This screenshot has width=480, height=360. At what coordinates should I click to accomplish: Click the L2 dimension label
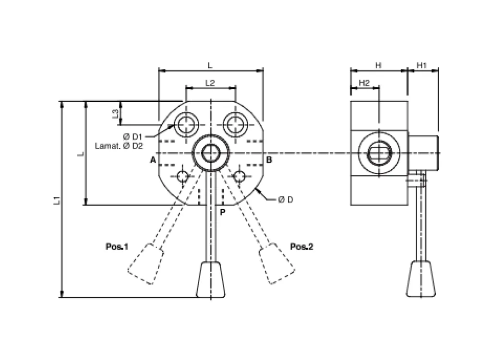(x=210, y=83)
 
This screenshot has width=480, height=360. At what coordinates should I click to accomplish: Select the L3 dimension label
(x=115, y=114)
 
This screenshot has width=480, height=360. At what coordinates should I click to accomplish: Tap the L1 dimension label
(x=57, y=201)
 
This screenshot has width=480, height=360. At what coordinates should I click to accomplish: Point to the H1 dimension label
(x=421, y=65)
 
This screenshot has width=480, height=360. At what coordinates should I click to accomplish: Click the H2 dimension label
(x=364, y=83)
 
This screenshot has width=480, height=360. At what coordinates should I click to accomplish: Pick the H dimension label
(x=378, y=65)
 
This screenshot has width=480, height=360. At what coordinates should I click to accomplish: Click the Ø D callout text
(x=286, y=200)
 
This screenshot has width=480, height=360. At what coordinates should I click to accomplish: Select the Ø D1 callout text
(x=132, y=136)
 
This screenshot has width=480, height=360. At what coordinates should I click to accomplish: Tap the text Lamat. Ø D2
(x=119, y=146)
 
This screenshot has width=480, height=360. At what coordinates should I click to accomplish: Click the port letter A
(x=153, y=160)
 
